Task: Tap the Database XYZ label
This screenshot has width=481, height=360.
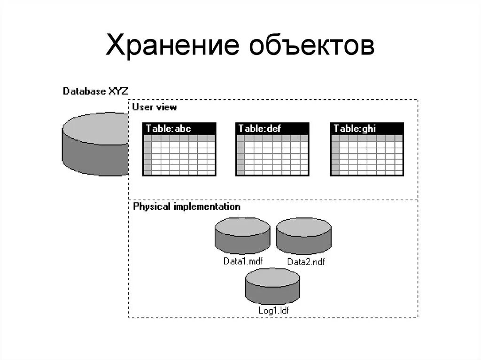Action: (95, 91)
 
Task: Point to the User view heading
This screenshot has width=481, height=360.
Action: (155, 107)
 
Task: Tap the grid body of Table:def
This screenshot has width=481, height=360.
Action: (272, 155)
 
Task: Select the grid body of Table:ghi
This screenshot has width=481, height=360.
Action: (367, 155)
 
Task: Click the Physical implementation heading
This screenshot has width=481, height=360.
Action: (186, 207)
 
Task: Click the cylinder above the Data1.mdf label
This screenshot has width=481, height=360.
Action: (242, 236)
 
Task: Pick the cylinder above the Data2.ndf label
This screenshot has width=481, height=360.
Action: (303, 236)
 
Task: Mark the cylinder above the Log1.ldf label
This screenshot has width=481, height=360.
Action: (272, 286)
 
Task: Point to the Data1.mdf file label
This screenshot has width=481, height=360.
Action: (242, 261)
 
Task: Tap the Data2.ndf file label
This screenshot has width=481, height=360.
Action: (306, 262)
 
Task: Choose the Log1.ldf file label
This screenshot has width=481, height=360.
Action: (273, 310)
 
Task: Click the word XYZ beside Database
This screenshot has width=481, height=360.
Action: (118, 91)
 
